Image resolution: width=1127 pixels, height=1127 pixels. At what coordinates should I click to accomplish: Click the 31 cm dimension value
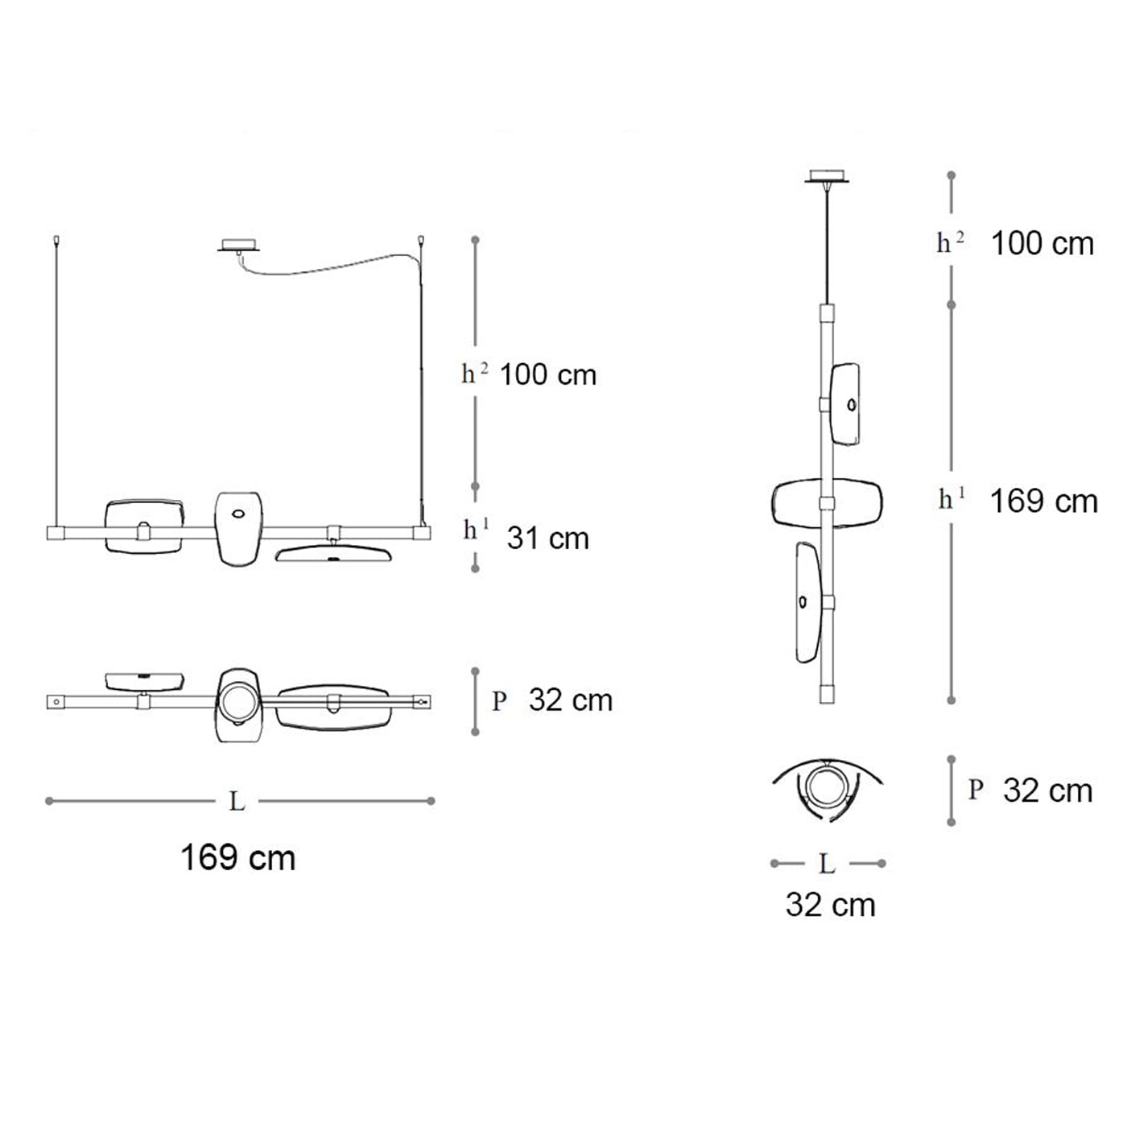[x=547, y=538]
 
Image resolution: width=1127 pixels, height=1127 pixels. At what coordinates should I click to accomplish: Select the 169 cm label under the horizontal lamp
[x=238, y=858]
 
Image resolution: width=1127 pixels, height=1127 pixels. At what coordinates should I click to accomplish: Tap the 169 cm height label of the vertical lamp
[x=1044, y=502]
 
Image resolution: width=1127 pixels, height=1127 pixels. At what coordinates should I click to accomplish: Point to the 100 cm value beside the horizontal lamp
[x=548, y=374]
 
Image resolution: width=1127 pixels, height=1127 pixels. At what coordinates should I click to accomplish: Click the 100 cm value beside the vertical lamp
[x=1042, y=243]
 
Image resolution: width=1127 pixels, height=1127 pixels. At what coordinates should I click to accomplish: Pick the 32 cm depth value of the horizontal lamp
[x=571, y=700]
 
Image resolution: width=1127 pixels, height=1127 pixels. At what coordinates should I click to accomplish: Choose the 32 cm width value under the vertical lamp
[x=831, y=905]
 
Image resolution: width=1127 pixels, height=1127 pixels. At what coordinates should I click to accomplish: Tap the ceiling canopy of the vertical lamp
[x=827, y=176]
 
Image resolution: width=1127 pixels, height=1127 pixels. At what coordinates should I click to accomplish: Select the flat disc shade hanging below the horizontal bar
[x=335, y=554]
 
